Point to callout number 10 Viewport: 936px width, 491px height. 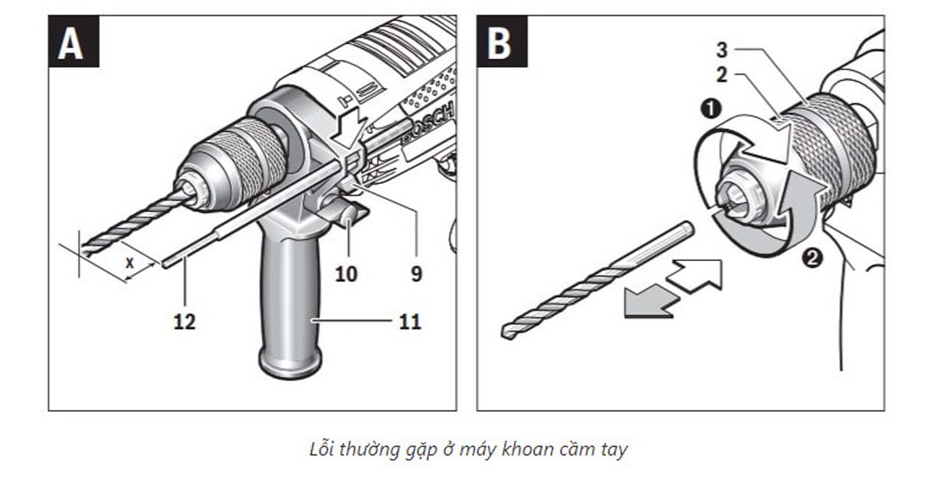point(346,274)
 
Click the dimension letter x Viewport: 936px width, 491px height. point(129,264)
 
